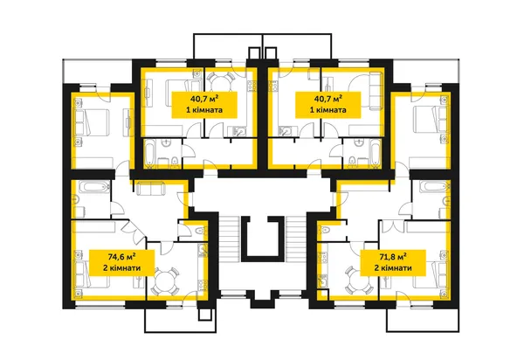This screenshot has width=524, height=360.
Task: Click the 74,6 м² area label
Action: coord(121,257)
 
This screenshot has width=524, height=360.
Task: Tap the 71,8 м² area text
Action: coord(393,257)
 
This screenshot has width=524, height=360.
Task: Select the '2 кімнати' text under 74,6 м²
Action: coord(121,268)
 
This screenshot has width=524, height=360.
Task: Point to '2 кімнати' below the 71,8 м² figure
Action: coord(393,268)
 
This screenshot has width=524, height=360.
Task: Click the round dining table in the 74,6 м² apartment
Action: coord(164,280)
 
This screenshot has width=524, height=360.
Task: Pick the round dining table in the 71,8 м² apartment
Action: coord(359,280)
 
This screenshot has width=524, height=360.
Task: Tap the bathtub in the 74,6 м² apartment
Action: coord(97,186)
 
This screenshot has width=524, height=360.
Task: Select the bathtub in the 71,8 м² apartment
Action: coord(433,186)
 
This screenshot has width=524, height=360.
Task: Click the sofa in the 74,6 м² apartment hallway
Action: coord(151,188)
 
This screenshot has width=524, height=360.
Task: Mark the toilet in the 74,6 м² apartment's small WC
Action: coord(200,232)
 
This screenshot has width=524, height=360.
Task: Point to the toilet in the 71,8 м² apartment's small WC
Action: coord(325,230)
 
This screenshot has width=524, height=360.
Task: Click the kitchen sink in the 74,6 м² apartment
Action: coord(203,250)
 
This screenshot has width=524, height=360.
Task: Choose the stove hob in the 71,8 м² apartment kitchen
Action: coord(322,258)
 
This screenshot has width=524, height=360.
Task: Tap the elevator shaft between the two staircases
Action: coord(263,238)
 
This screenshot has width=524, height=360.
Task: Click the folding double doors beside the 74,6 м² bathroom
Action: coord(134,231)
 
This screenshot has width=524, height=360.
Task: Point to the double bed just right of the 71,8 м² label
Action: coord(431,274)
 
